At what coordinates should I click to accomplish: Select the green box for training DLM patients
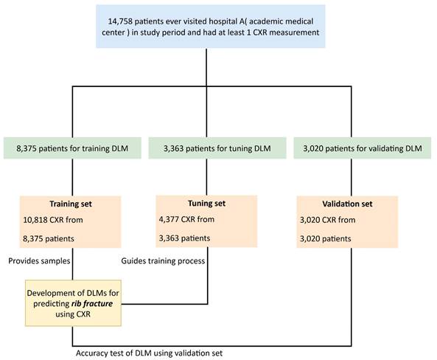tap(72, 148)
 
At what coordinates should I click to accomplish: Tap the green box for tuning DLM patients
tap(217, 148)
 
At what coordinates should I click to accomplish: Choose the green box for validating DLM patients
tap(363, 148)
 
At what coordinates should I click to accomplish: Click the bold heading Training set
tap(71, 204)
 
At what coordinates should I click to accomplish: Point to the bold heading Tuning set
tap(206, 203)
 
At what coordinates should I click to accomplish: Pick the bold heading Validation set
tap(347, 204)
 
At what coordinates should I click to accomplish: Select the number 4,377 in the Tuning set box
tap(169, 219)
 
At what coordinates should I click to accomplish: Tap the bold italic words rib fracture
tap(92, 304)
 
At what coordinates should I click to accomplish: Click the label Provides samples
tap(39, 261)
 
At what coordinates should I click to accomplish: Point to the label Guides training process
tap(163, 261)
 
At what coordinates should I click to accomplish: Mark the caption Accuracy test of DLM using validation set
tap(150, 353)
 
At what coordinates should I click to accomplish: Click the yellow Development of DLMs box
tap(73, 303)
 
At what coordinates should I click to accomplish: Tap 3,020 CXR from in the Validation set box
tap(328, 220)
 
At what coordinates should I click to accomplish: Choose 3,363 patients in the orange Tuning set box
tap(184, 238)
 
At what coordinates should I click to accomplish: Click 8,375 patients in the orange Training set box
tap(49, 239)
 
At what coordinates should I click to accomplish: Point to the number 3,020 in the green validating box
tap(313, 148)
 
